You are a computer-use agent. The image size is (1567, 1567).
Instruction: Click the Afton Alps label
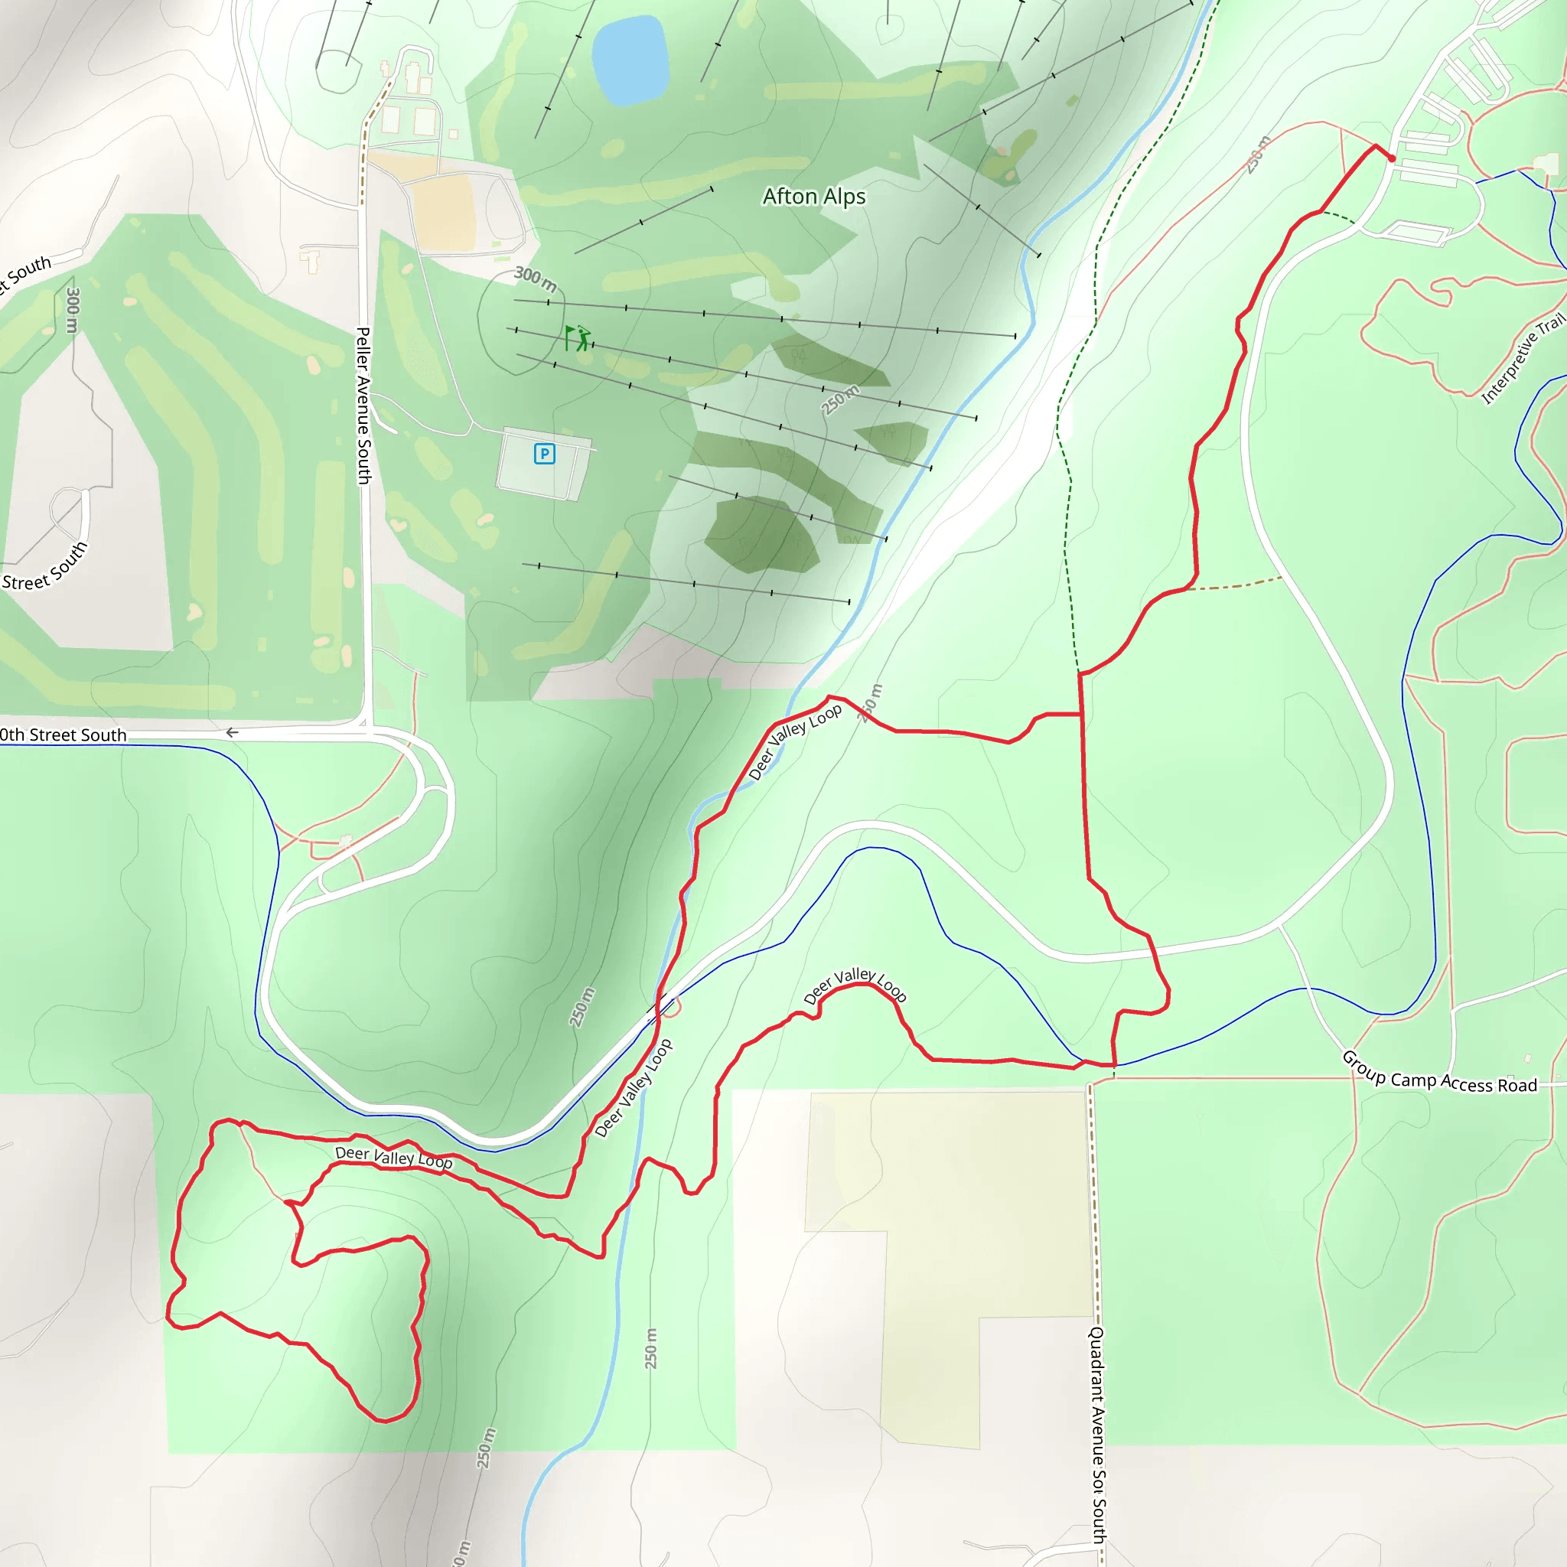tap(813, 197)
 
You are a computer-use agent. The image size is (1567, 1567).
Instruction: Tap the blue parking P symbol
tap(544, 454)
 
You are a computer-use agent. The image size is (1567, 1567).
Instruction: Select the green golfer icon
tap(578, 337)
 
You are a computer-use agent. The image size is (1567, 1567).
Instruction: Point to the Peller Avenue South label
tap(363, 406)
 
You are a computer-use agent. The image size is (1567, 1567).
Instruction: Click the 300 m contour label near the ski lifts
tap(536, 279)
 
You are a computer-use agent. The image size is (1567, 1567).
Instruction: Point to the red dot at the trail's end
tap(1392, 158)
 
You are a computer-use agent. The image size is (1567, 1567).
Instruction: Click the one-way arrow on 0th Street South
tap(232, 732)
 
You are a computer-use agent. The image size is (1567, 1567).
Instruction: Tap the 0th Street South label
tap(64, 735)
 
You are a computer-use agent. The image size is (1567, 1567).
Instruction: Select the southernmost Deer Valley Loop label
tap(394, 1158)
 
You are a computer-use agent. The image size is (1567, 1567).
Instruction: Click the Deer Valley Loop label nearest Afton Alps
tap(795, 741)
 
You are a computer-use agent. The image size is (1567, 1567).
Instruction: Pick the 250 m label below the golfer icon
tap(839, 400)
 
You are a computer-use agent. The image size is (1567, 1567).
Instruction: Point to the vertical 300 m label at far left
tap(72, 310)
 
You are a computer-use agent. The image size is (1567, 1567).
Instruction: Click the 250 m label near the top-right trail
tap(1258, 155)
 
